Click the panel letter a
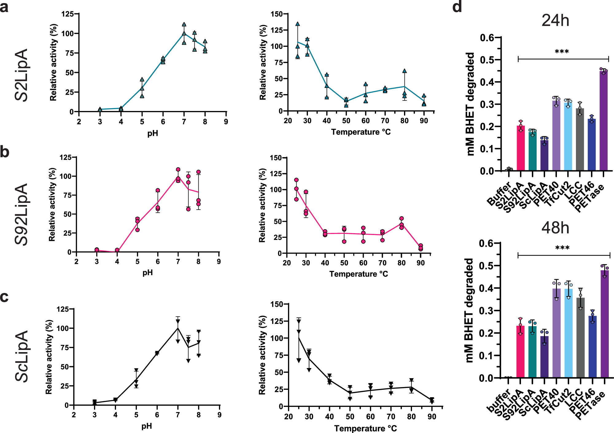(4, 7)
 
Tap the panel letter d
(457, 7)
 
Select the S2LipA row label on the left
(21, 75)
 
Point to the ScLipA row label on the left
(21, 356)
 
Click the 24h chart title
(555, 21)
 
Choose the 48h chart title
(555, 228)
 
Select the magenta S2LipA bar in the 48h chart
(520, 352)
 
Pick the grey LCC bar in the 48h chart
(580, 337)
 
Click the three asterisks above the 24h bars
(562, 51)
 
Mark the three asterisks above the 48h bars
(562, 248)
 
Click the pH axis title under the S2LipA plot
(153, 133)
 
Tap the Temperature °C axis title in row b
(359, 274)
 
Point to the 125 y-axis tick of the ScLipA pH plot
(63, 309)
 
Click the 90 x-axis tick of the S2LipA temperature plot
(424, 121)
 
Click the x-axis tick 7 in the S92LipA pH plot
(178, 262)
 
